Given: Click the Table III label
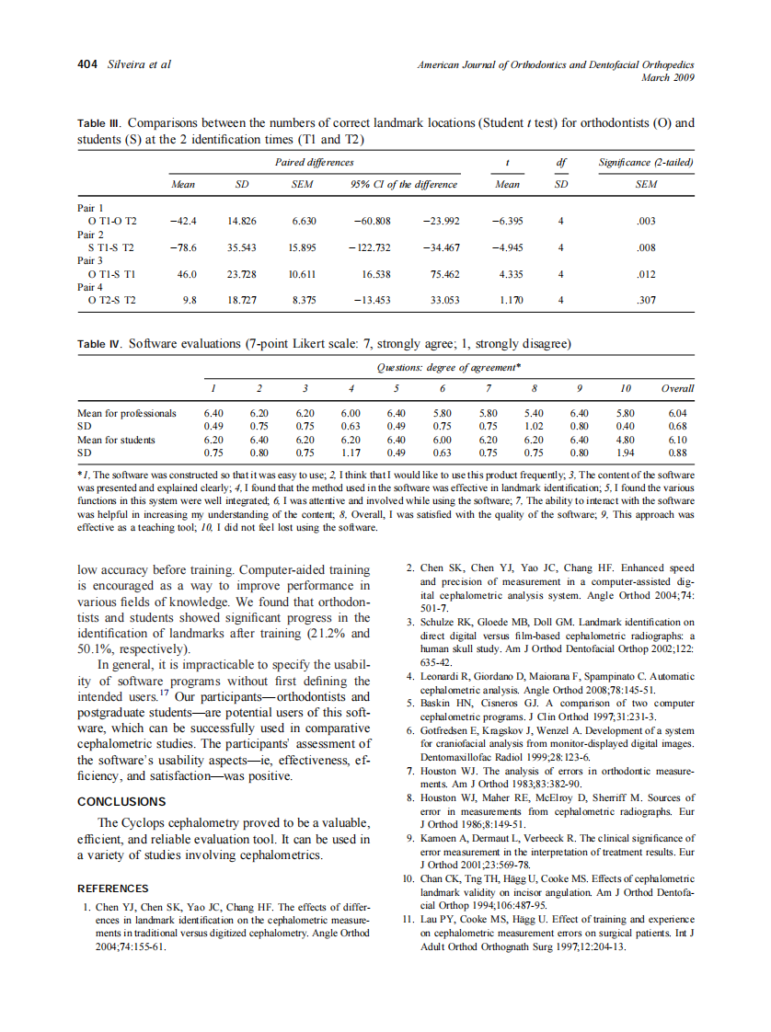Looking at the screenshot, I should tap(98, 122).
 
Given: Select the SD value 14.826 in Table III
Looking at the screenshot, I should tap(243, 221).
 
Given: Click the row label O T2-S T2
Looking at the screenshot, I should tap(111, 299).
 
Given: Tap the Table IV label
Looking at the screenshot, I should tap(99, 345).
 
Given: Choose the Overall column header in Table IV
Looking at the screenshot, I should tap(677, 388).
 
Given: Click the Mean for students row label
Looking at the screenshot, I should tap(116, 440).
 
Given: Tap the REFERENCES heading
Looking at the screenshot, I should tap(112, 889).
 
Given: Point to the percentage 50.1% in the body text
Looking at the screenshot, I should tap(93, 648).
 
